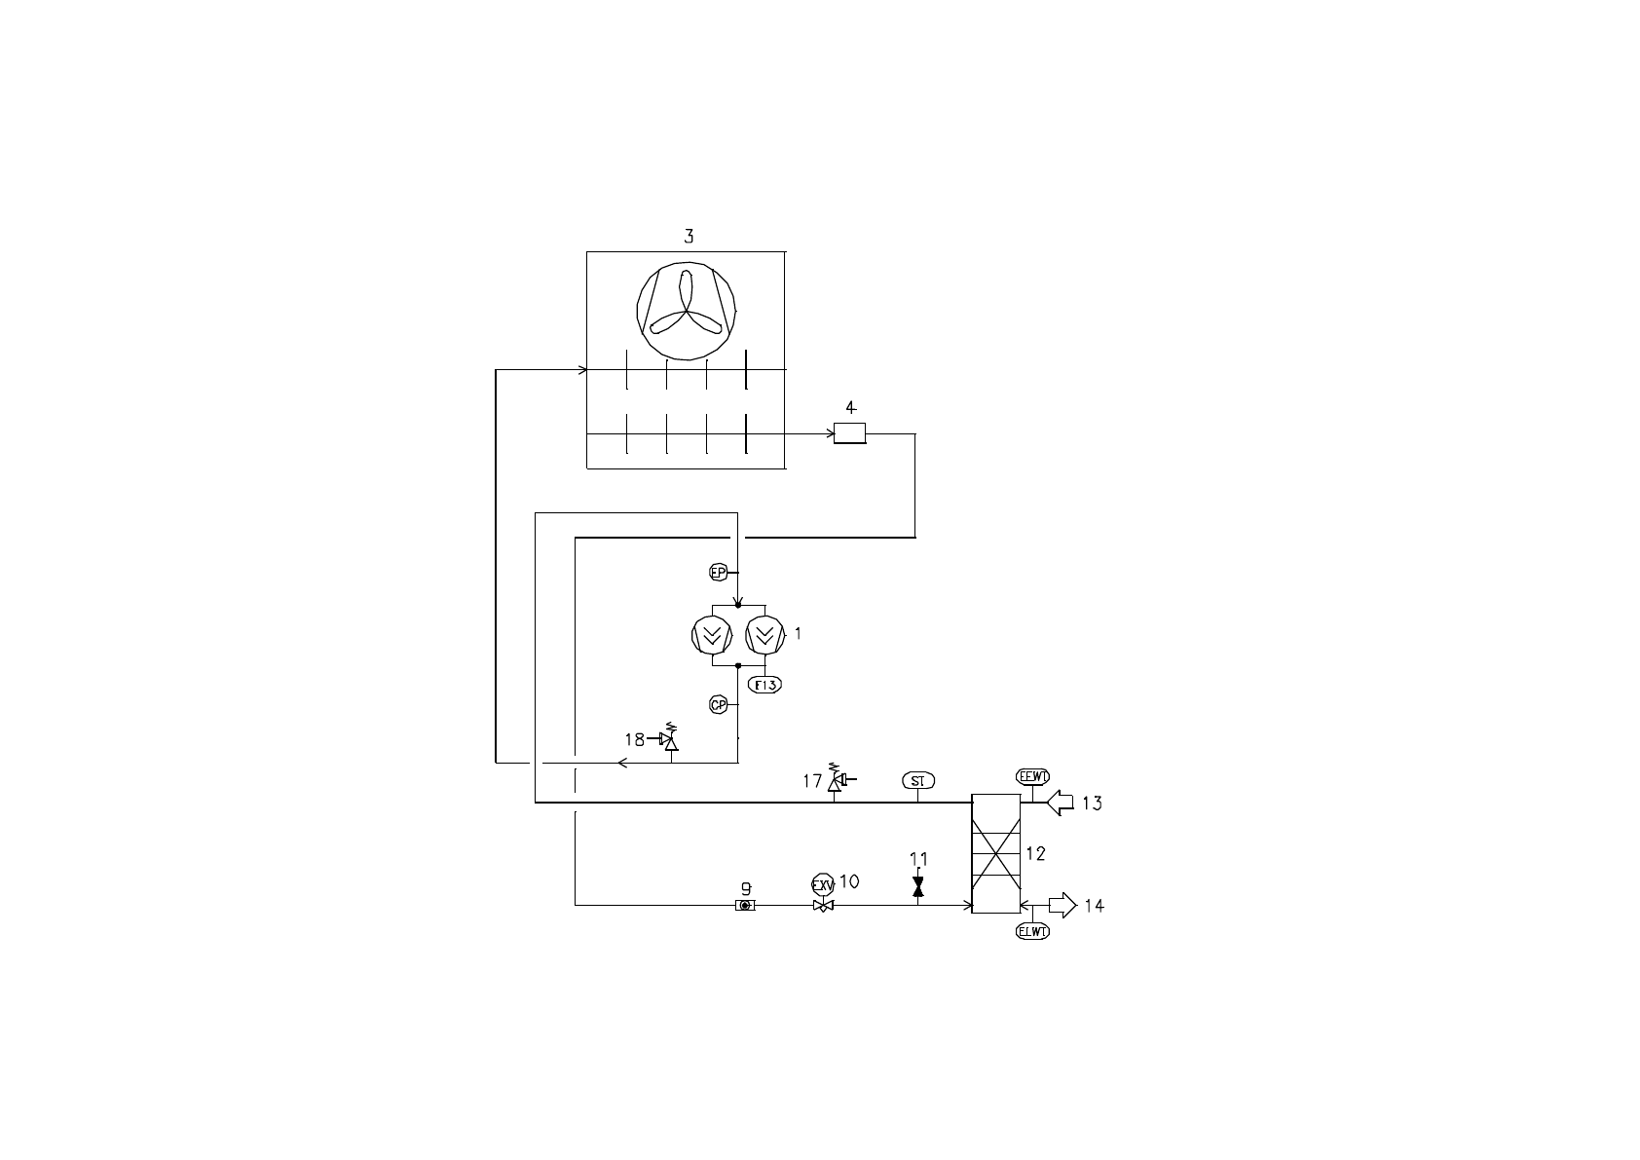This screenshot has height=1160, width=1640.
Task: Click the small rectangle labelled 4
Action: pyautogui.click(x=849, y=434)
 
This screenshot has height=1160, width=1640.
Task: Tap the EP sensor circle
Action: pyautogui.click(x=718, y=573)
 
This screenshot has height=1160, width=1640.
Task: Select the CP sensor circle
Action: pyautogui.click(x=718, y=705)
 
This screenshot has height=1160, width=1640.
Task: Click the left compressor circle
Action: pyautogui.click(x=712, y=636)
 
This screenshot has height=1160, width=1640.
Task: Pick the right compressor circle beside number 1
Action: pyautogui.click(x=764, y=636)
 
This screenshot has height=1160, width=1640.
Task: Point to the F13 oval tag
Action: pyautogui.click(x=764, y=685)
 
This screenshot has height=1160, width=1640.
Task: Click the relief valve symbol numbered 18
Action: pyautogui.click(x=669, y=741)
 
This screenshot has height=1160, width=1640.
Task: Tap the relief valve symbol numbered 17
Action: pyautogui.click(x=835, y=781)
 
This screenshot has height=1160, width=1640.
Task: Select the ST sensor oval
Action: pyautogui.click(x=917, y=781)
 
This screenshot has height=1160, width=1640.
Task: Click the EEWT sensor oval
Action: pyautogui.click(x=1032, y=776)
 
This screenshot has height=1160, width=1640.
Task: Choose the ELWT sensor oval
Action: pyautogui.click(x=1032, y=931)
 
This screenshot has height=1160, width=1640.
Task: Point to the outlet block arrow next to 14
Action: pyautogui.click(x=1062, y=906)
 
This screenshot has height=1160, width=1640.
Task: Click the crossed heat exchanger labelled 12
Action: pyautogui.click(x=995, y=854)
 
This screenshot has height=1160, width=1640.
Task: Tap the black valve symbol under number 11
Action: pyautogui.click(x=917, y=887)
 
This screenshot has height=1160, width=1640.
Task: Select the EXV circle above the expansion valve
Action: pyautogui.click(x=823, y=886)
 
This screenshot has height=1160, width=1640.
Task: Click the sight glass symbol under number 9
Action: pyautogui.click(x=745, y=906)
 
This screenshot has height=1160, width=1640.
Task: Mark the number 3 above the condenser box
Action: pyautogui.click(x=689, y=236)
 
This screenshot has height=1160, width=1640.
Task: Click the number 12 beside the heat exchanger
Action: pyautogui.click(x=1035, y=854)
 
